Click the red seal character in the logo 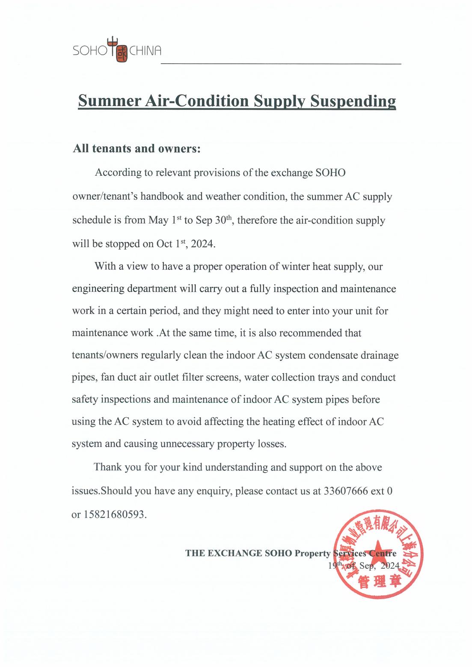[122, 55]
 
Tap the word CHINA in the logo [145, 51]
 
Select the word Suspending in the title [353, 101]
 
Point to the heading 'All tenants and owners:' [137, 148]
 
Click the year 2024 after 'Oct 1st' [202, 244]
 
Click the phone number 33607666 [346, 491]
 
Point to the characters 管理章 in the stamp [379, 582]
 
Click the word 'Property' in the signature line [313, 553]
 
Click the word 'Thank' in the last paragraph [108, 467]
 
